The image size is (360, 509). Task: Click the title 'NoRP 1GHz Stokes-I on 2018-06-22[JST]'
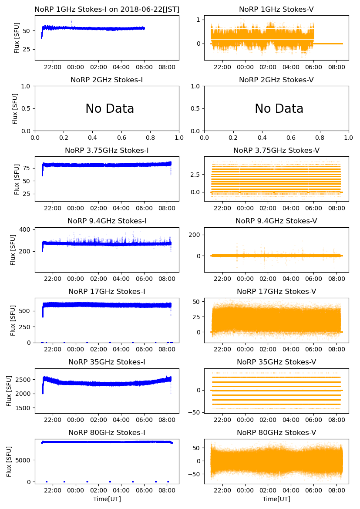click(x=107, y=9)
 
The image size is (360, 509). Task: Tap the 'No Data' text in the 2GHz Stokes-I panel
click(x=110, y=109)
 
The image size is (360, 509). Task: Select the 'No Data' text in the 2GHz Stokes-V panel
click(x=279, y=109)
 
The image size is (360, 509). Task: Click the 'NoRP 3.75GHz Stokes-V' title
click(x=276, y=150)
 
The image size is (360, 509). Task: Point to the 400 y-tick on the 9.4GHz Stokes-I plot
click(x=24, y=229)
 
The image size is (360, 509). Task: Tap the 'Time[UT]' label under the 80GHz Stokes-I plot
click(x=107, y=499)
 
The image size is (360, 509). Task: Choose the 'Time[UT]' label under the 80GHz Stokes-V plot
click(x=276, y=499)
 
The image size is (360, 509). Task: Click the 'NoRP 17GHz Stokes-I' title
click(x=107, y=291)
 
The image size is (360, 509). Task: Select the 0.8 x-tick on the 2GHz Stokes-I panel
click(x=151, y=138)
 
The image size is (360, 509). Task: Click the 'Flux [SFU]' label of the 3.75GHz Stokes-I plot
click(x=17, y=179)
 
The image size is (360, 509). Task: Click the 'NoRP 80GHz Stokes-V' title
click(x=276, y=432)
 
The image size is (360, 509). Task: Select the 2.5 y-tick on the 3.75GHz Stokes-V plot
click(x=195, y=174)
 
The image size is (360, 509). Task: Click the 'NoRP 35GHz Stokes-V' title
click(x=276, y=362)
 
